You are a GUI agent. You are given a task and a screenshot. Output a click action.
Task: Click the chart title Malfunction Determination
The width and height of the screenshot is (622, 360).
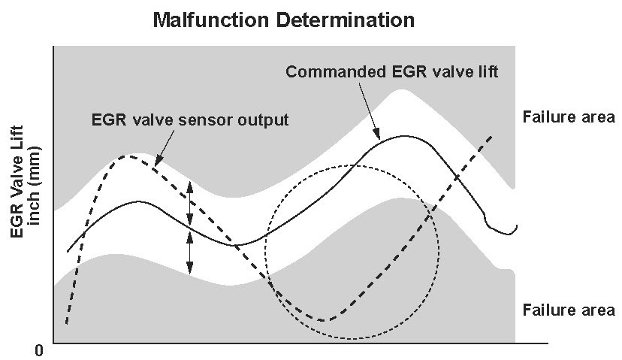pyautogui.click(x=283, y=20)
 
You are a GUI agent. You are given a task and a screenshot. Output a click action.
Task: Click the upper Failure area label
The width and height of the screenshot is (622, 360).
pyautogui.click(x=569, y=117)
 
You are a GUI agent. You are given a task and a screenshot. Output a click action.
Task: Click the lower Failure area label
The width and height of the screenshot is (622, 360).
pyautogui.click(x=569, y=310)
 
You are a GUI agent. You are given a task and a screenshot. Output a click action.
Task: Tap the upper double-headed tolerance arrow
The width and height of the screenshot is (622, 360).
pyautogui.click(x=190, y=204)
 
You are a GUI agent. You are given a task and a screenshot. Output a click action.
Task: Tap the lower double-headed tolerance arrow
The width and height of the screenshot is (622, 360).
pyautogui.click(x=190, y=253)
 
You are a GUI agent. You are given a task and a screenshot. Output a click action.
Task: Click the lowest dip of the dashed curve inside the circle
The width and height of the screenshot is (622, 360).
pyautogui.click(x=325, y=320)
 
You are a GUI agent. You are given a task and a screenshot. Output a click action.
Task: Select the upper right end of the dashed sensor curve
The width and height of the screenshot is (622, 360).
pyautogui.click(x=491, y=137)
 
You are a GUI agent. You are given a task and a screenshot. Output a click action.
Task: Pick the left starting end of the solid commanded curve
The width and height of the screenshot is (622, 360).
pyautogui.click(x=68, y=252)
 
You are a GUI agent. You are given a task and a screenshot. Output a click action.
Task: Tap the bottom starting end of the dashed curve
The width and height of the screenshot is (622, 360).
pyautogui.click(x=66, y=324)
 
